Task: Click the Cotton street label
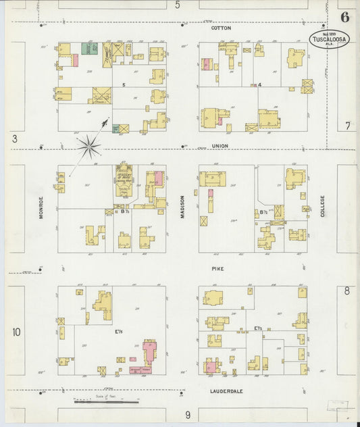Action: click(x=221, y=28)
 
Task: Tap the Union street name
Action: click(x=220, y=146)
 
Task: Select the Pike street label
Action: click(x=217, y=268)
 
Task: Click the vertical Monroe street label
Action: click(x=41, y=207)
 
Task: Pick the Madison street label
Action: click(x=182, y=207)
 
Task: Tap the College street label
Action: click(x=323, y=207)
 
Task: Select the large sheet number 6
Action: click(x=344, y=18)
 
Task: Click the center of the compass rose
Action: click(x=88, y=143)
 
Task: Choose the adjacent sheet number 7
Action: click(x=347, y=126)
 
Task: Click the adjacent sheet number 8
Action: click(x=346, y=291)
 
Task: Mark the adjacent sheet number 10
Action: click(x=16, y=332)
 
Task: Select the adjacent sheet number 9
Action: click(x=188, y=414)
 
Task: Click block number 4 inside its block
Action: click(x=259, y=85)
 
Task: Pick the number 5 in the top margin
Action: click(x=178, y=5)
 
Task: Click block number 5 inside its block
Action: click(x=124, y=85)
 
